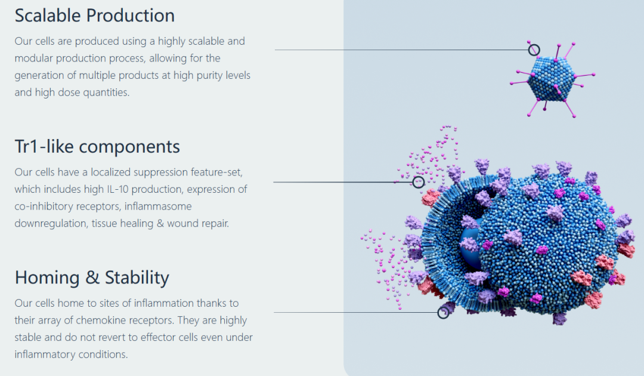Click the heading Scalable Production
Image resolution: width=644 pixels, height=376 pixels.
(x=94, y=16)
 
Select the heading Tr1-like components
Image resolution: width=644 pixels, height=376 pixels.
(x=97, y=146)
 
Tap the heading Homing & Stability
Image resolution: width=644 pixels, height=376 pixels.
(x=92, y=278)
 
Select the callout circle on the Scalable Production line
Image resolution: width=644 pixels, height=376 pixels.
(x=534, y=50)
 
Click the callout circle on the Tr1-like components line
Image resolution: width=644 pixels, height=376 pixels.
(x=418, y=182)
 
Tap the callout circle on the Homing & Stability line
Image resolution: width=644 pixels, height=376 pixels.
(x=443, y=313)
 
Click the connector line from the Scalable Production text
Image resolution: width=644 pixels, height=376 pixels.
(x=402, y=50)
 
